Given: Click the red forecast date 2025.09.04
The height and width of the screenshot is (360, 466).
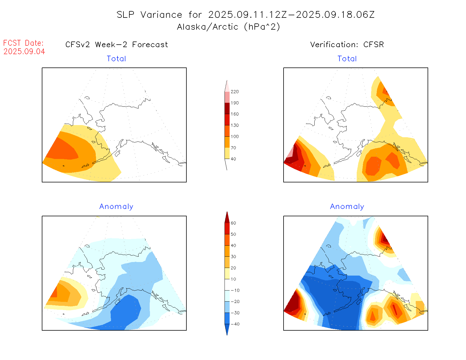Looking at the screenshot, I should coord(24,51).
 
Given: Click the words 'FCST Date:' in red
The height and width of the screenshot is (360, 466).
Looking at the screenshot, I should coord(23,43).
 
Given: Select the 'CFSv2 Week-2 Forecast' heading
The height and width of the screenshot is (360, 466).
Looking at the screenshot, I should coord(116,45).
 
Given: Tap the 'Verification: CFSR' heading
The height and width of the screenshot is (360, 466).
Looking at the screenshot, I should coord(347,45).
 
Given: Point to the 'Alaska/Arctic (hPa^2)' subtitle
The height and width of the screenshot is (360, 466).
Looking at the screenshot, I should coord(228,27).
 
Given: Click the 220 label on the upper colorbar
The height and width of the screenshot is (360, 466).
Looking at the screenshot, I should coord(235,92).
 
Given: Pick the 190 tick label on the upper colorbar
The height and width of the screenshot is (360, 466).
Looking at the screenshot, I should coord(235,103).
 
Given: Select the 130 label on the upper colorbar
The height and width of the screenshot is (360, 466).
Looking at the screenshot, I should coord(235,125).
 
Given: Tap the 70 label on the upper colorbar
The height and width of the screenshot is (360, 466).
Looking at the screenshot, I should coord(233,148).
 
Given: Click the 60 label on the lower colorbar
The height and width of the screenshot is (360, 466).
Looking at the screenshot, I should coord(233,223).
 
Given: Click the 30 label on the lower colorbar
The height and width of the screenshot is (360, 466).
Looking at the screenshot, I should coord(233,257).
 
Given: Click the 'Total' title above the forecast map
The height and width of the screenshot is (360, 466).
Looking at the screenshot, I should coord(116,59).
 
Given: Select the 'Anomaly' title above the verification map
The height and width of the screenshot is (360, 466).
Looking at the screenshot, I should coord(347,207).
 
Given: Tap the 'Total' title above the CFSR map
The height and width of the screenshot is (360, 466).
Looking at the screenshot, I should coord(347,59).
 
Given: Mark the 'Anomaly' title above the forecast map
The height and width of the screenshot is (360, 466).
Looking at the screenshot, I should coord(116,207).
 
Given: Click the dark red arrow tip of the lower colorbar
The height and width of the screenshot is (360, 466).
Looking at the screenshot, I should coord(227,217).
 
